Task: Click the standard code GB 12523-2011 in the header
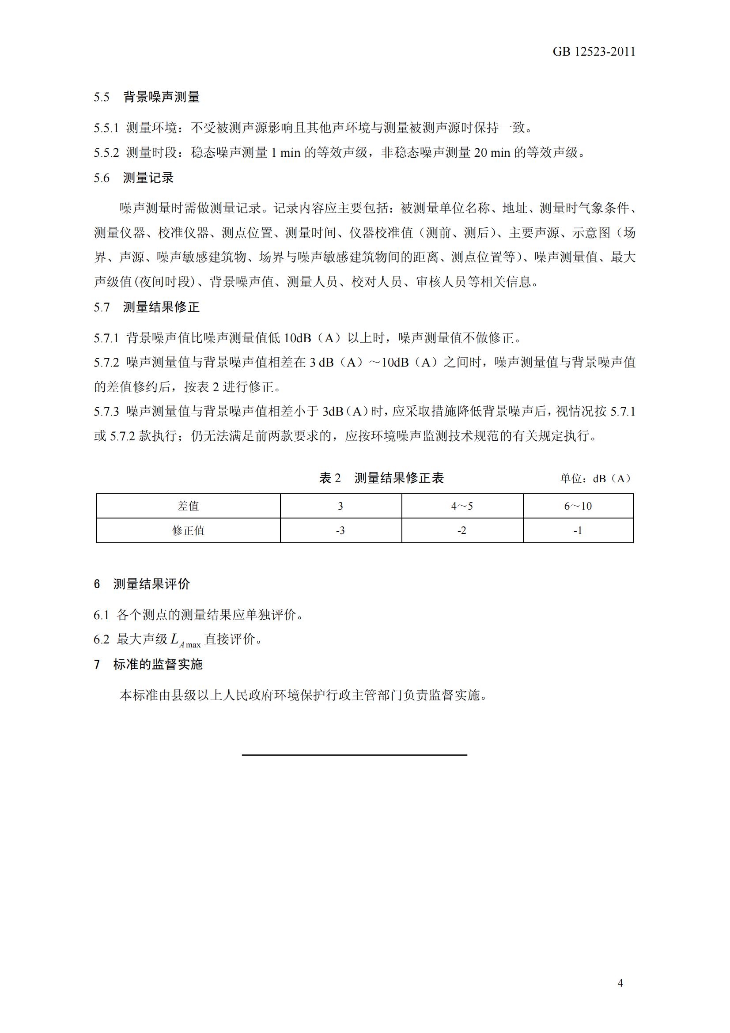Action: [x=593, y=52]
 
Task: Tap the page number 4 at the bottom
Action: [x=620, y=983]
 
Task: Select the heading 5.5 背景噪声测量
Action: [x=147, y=97]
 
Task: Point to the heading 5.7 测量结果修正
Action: [x=147, y=307]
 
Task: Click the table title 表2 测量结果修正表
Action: [x=382, y=478]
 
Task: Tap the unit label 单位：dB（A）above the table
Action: [x=596, y=479]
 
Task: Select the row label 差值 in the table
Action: [x=188, y=506]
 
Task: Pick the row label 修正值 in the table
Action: [x=188, y=531]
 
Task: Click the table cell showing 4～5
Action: [x=462, y=506]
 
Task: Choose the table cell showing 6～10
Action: [x=578, y=506]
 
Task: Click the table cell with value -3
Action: [x=340, y=531]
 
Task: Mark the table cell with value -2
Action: [x=462, y=531]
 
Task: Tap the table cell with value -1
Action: [x=578, y=531]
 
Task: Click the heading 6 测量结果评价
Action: [x=142, y=584]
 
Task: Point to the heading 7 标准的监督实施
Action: [x=148, y=664]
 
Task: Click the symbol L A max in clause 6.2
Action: [x=185, y=640]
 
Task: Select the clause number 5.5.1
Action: [x=106, y=128]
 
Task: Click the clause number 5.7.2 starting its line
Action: [x=106, y=362]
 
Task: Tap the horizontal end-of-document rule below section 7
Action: [x=355, y=754]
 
